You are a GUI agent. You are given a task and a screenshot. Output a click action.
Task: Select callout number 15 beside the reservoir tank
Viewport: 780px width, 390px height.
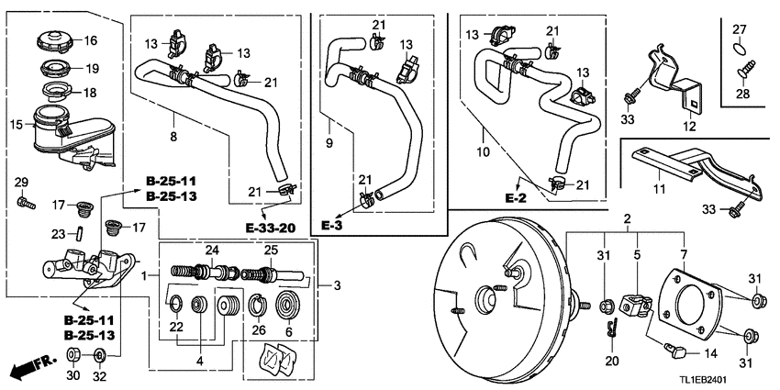coord(16,125)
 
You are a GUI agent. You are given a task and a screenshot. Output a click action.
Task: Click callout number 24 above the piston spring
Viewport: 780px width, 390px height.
coord(212,250)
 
